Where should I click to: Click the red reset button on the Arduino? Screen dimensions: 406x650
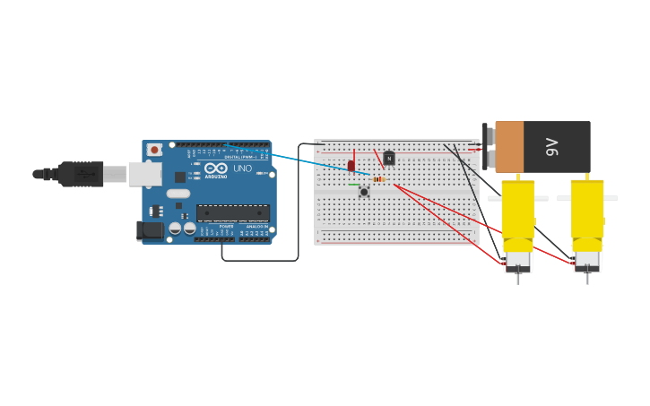pyautogui.click(x=154, y=150)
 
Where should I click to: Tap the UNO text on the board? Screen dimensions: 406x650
pyautogui.click(x=242, y=168)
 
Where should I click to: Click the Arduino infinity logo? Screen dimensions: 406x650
pyautogui.click(x=215, y=168)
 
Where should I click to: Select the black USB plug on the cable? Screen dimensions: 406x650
pyautogui.click(x=81, y=174)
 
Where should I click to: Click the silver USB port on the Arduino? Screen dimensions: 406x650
pyautogui.click(x=143, y=174)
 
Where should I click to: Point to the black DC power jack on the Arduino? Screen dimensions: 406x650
pyautogui.click(x=150, y=230)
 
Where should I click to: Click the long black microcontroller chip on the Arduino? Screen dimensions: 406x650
pyautogui.click(x=232, y=213)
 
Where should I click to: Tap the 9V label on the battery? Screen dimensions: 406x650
pyautogui.click(x=551, y=147)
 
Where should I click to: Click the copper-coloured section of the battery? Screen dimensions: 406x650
pyautogui.click(x=508, y=147)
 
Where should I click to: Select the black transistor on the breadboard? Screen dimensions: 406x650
pyautogui.click(x=388, y=158)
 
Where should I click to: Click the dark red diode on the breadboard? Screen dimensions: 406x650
pyautogui.click(x=351, y=165)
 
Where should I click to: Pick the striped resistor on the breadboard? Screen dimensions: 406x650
pyautogui.click(x=379, y=179)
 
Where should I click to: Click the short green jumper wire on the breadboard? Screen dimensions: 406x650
pyautogui.click(x=355, y=186)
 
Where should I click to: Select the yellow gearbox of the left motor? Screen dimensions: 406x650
pyautogui.click(x=517, y=211)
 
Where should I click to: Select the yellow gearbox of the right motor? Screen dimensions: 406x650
pyautogui.click(x=587, y=211)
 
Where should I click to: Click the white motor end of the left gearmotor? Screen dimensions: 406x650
pyautogui.click(x=517, y=261)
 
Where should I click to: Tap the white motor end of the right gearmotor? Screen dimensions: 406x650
pyautogui.click(x=587, y=261)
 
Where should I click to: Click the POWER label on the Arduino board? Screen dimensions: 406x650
pyautogui.click(x=227, y=226)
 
